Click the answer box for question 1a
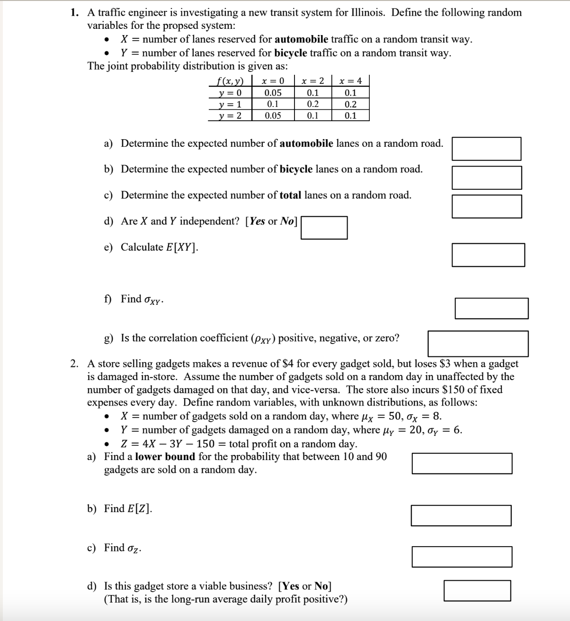point(486,149)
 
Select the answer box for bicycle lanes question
point(486,177)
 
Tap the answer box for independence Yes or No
point(324,228)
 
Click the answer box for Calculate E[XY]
point(488,255)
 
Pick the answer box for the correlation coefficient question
point(478,343)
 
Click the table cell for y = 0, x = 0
point(273,93)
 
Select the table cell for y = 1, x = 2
point(312,105)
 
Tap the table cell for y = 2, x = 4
point(350,115)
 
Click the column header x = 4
point(350,81)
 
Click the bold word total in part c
point(290,195)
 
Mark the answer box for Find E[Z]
point(461,515)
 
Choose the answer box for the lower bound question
point(462,463)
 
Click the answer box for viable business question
point(477,591)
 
